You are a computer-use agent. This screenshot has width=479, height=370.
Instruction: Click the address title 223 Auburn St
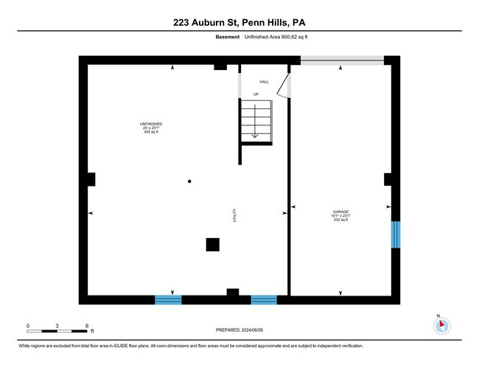tap(239, 22)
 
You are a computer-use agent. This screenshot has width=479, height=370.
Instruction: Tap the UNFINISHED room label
tap(151, 123)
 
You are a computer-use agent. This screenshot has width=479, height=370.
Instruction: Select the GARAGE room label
tap(340, 212)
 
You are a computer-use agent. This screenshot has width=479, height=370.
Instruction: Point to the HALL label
tap(264, 82)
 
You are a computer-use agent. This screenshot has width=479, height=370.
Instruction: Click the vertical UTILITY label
tap(235, 213)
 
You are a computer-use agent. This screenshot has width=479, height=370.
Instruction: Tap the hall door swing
tap(282, 86)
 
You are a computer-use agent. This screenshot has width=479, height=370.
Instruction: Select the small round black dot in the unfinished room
tap(189, 181)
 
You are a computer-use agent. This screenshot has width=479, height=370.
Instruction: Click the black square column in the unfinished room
tap(212, 245)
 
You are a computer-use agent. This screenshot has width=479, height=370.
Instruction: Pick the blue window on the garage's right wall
tap(395, 234)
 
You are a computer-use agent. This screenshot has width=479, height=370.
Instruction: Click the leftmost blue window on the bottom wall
tap(168, 299)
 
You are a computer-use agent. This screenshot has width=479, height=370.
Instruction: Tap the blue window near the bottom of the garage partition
tap(264, 299)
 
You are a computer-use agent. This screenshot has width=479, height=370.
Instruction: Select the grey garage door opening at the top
tap(341, 60)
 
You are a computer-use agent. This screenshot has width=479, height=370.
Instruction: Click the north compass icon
tap(441, 324)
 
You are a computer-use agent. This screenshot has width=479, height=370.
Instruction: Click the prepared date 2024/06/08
tap(240, 329)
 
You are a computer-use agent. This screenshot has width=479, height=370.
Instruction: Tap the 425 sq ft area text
tap(151, 132)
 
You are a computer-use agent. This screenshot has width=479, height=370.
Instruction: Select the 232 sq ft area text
tap(340, 220)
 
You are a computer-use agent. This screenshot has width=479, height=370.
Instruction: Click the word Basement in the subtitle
tap(228, 38)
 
